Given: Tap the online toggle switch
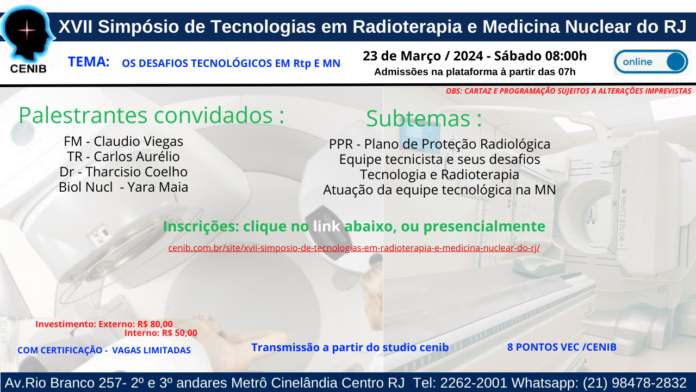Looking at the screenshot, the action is (651, 62).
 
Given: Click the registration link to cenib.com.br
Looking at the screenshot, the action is (354, 248).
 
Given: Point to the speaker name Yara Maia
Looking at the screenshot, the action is (158, 187).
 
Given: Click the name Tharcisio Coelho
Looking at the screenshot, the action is (136, 171).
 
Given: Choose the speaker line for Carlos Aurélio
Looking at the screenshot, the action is (123, 156).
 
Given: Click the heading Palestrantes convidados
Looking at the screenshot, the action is (151, 115).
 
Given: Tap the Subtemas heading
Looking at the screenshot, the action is (424, 119).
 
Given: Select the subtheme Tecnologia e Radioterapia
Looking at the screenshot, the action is (439, 174).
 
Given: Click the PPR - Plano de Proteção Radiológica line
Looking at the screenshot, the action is (440, 144).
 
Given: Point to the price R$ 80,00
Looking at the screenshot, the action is (155, 324).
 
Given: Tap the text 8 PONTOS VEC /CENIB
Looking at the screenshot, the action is (562, 347).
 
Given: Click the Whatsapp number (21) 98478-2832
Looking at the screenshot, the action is (635, 383).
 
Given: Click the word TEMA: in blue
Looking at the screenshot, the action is (89, 62).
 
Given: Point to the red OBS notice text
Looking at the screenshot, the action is (569, 91).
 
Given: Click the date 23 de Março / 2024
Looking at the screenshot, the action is (423, 56).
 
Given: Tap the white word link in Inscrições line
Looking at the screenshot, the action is (326, 226).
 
